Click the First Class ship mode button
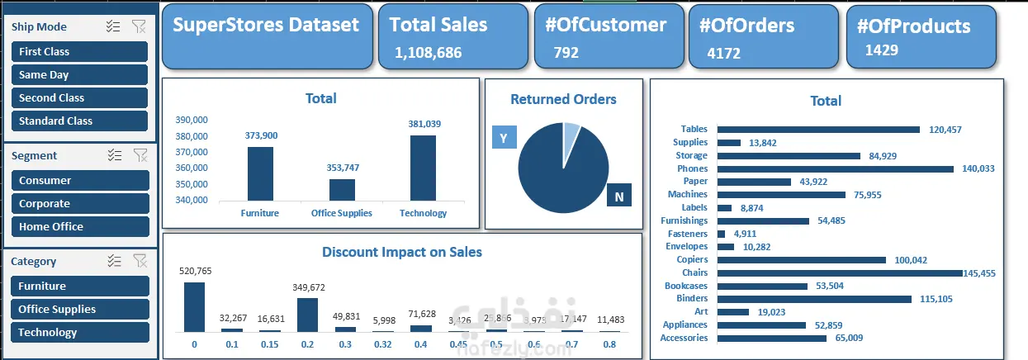pyautogui.click(x=79, y=51)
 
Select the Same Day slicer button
pyautogui.click(x=79, y=74)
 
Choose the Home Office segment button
pyautogui.click(x=79, y=226)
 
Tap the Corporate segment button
pyautogui.click(x=79, y=203)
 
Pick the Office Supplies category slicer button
pyautogui.click(x=79, y=309)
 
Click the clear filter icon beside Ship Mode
pyautogui.click(x=140, y=26)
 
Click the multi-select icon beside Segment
pyautogui.click(x=114, y=155)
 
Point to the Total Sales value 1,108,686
pyautogui.click(x=428, y=53)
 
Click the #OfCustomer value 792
pyautogui.click(x=567, y=53)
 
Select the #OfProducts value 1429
pyautogui.click(x=881, y=50)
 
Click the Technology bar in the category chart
pyautogui.click(x=424, y=168)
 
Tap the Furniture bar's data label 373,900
pyautogui.click(x=261, y=135)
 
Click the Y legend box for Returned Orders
pyautogui.click(x=504, y=137)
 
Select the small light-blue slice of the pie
pyautogui.click(x=571, y=135)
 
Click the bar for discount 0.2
pyautogui.click(x=307, y=315)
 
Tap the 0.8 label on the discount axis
pyautogui.click(x=609, y=344)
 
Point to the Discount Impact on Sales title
pyautogui.click(x=402, y=252)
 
